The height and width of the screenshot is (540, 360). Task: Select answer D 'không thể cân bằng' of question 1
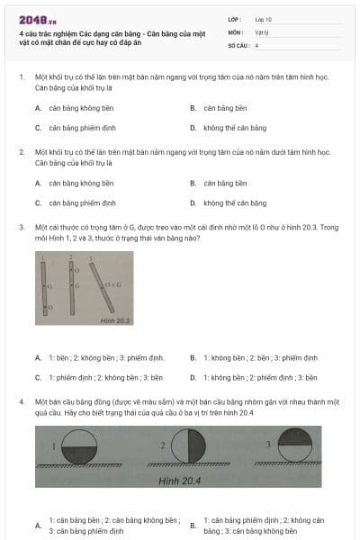click(x=235, y=128)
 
